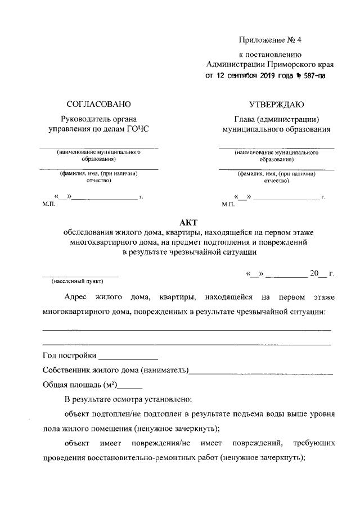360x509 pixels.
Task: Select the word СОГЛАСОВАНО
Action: [98, 104]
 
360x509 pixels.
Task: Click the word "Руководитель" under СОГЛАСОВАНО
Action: [84, 119]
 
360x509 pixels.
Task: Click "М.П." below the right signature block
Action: [228, 204]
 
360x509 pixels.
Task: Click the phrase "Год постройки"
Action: [69, 356]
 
